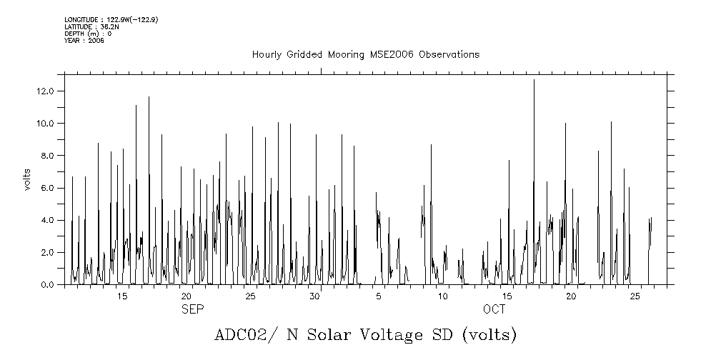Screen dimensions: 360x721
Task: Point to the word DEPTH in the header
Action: pos(74,34)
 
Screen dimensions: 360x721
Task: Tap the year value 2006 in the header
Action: pos(96,41)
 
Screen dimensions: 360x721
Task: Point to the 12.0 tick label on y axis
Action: pos(47,91)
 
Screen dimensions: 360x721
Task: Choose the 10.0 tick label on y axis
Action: pos(47,124)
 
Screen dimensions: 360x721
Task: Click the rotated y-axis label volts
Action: pos(27,179)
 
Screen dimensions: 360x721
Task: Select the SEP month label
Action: pos(192,309)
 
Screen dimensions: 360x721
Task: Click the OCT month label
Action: pos(494,309)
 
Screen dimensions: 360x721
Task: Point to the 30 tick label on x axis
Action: pos(314,296)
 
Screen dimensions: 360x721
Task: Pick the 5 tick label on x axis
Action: pos(379,296)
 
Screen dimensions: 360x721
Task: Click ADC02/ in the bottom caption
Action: pos(240,335)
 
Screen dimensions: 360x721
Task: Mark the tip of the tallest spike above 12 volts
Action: pos(534,80)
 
